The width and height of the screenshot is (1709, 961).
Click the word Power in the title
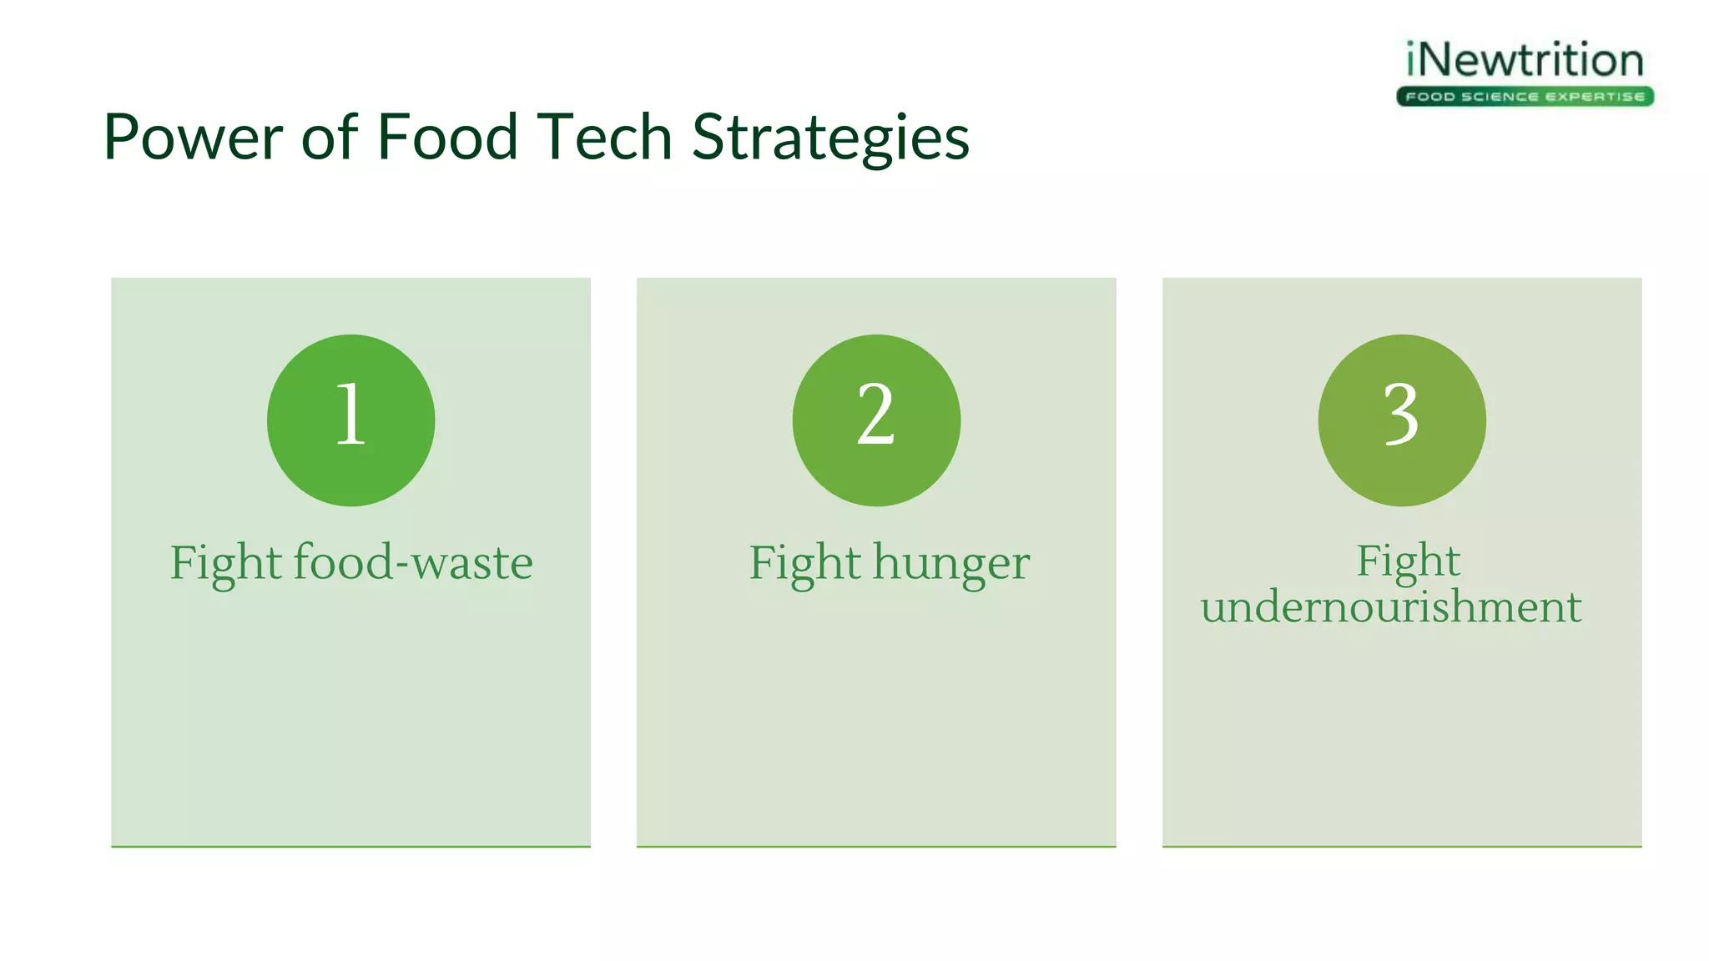tap(193, 138)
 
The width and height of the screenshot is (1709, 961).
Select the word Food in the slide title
tap(446, 138)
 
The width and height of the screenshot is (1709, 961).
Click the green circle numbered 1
tap(350, 420)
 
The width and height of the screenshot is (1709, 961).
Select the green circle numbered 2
tap(876, 420)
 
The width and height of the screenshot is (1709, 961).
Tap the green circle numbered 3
tap(1402, 420)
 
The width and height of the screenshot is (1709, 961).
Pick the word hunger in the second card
tap(951, 564)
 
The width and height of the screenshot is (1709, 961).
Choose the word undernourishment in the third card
tap(1391, 606)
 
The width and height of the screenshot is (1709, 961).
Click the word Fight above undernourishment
tap(1408, 561)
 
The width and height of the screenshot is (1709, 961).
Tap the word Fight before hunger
tap(804, 564)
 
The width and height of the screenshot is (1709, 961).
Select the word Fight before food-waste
tap(225, 564)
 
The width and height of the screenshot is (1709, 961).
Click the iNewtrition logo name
tap(1525, 60)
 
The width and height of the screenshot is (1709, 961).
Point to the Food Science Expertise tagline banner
tap(1525, 97)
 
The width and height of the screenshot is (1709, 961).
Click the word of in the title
tap(329, 138)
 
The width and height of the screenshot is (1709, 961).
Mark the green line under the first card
tap(350, 846)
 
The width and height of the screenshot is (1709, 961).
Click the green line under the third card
tap(1402, 846)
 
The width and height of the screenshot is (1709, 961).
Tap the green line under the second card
tap(876, 846)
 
